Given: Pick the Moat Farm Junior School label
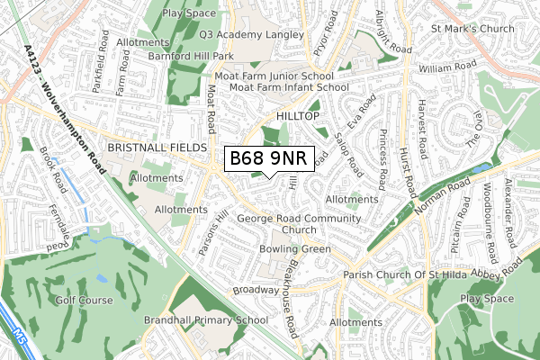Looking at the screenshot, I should pos(280,76).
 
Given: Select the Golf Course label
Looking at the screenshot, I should pos(85,301).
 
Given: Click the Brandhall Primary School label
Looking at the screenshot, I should pos(206,319).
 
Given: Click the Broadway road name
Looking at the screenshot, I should pos(256,290).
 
